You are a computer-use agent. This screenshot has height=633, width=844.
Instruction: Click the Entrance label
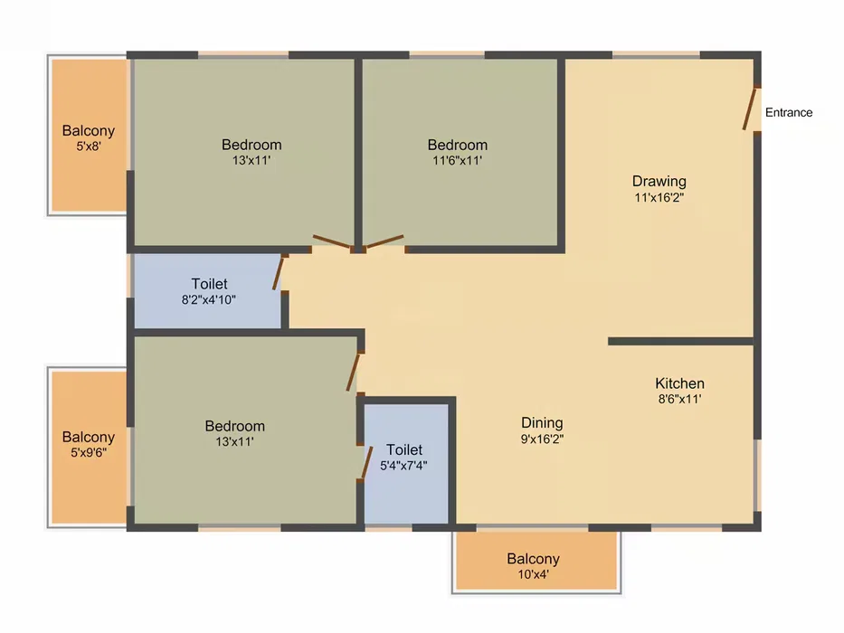[789, 112]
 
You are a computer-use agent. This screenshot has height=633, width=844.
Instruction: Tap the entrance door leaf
[750, 109]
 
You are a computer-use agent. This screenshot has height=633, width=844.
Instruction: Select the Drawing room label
[659, 181]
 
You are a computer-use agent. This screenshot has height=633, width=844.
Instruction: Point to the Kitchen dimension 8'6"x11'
[680, 399]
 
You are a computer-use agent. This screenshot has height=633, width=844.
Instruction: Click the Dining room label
[542, 422]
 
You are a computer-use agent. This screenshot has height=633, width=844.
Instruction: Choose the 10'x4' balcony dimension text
[533, 574]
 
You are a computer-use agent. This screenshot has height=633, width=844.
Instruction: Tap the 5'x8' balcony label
[89, 131]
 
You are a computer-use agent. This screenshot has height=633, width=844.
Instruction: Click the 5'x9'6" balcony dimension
[89, 452]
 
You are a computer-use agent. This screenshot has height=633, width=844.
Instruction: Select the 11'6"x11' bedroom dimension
[457, 160]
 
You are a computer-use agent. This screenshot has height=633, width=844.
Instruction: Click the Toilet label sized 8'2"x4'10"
[209, 284]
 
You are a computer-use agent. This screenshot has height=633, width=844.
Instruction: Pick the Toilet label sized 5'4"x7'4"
[404, 449]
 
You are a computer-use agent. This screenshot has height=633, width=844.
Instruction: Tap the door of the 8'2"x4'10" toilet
[278, 273]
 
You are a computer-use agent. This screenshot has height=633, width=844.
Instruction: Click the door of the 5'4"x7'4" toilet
[366, 462]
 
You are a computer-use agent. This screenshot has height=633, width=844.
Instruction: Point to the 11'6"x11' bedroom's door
[384, 241]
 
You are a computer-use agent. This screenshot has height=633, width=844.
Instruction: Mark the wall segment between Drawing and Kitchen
[680, 341]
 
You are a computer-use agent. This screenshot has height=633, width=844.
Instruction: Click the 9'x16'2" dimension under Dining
[542, 439]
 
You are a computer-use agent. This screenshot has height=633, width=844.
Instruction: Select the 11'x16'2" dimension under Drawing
[659, 197]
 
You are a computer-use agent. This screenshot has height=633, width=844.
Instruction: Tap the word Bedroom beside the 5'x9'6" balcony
[234, 426]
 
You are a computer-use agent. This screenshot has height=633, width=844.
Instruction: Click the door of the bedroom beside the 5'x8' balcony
[333, 241]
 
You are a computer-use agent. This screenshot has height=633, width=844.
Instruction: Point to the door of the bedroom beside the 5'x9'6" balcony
[353, 372]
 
